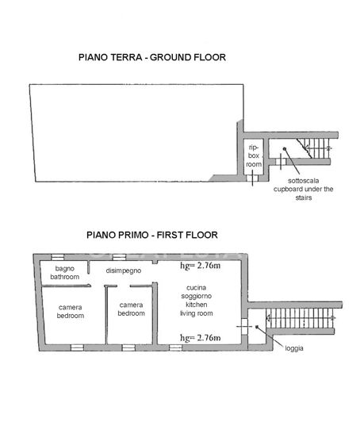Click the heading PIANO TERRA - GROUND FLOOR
[x=152, y=57]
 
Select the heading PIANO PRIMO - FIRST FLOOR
[x=152, y=235]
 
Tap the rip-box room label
[x=254, y=155]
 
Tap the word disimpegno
[x=123, y=270]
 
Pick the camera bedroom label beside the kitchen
[x=131, y=309]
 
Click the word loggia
[x=295, y=347]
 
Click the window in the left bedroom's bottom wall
[x=77, y=347]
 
